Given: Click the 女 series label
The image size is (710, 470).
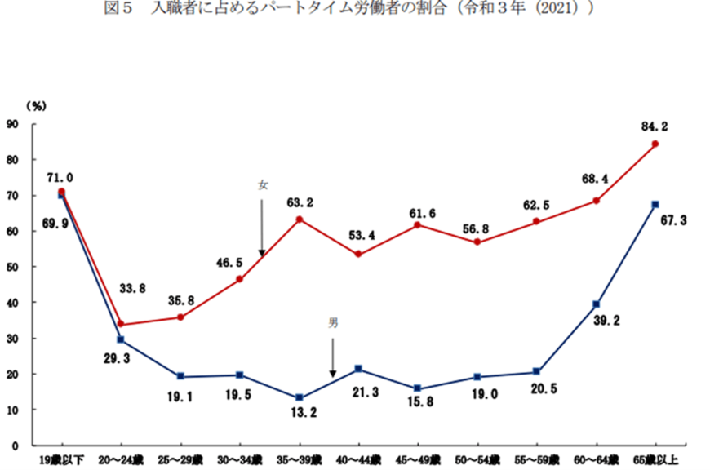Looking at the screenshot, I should pos(262,185).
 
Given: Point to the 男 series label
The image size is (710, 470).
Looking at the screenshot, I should pos(333,323).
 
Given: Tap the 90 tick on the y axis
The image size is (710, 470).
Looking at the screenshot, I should pos(11,124).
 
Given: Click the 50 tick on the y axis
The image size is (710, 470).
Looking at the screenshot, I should pos(11,267).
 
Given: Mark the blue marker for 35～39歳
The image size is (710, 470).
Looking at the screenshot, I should pos(300,398).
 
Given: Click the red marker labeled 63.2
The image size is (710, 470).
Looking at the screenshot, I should pos(300,219).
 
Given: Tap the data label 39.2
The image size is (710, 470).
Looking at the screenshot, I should pos(618,321).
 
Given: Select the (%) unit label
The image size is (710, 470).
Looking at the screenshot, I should pos(36,105).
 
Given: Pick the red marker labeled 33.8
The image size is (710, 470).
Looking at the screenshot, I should pos(121,324).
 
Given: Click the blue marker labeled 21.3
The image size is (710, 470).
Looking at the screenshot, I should pos(359,369).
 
